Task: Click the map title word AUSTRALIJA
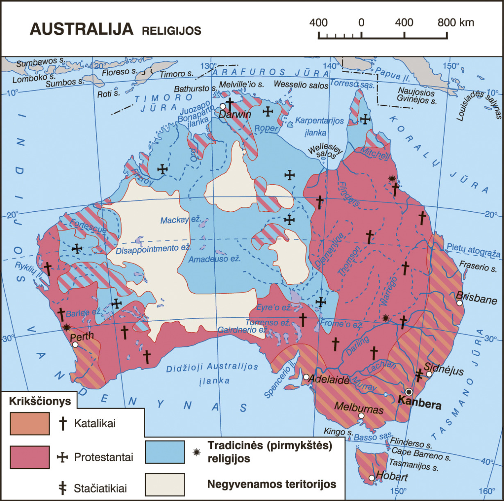point(82,29)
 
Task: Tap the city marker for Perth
point(75,345)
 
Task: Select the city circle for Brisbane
point(459,303)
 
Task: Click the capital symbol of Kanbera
point(409,391)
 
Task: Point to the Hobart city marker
point(371,478)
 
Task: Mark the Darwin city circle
point(222,106)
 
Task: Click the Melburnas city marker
point(361,416)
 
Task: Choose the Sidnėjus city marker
point(429,374)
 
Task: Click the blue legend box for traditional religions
point(165,452)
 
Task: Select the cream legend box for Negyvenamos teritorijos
point(165,485)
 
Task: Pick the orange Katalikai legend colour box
point(30,423)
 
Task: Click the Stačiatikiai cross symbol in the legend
point(63,488)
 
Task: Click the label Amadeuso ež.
point(214,259)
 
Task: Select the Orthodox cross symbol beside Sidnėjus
point(419,375)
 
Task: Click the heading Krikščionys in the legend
point(40,401)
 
